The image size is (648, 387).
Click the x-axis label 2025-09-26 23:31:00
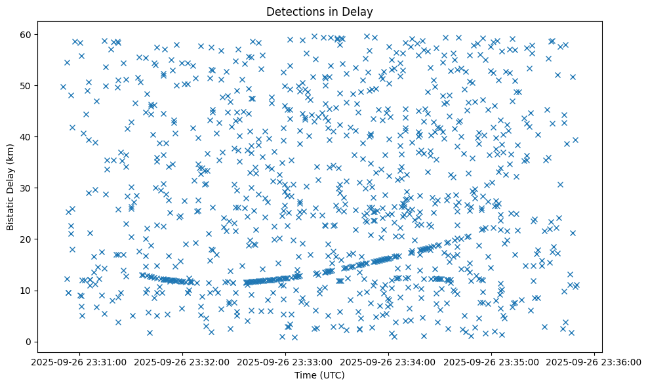[79, 361]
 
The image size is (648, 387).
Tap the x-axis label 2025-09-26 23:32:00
[182, 361]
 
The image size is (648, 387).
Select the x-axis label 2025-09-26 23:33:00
[285, 361]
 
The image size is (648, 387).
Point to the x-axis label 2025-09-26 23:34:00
[388, 361]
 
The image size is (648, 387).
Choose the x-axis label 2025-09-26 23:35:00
[491, 361]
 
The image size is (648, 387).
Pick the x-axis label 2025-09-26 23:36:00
[594, 361]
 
